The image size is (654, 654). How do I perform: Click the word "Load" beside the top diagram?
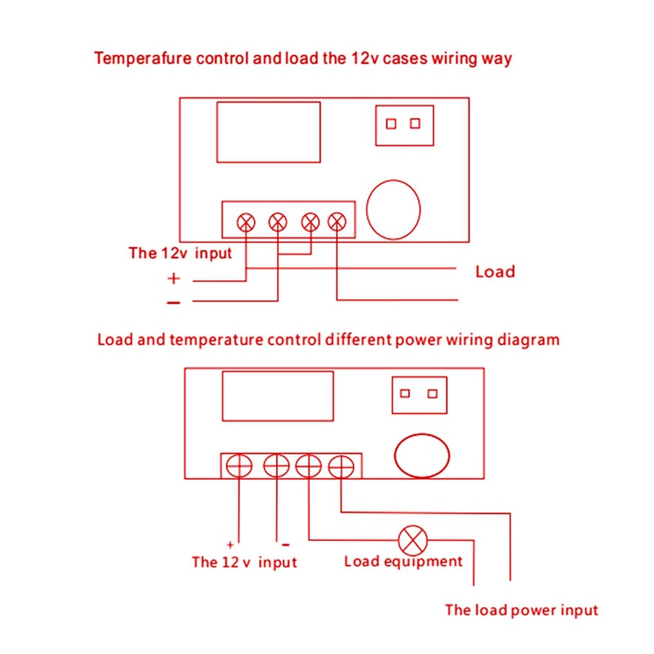coord(495,271)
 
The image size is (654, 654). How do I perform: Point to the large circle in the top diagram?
coord(393,209)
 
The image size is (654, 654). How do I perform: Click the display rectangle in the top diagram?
coord(268,131)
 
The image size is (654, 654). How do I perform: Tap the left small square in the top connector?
coord(391,124)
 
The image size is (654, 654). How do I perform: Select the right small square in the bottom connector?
coord(432,394)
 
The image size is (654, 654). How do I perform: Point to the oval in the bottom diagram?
coord(422,456)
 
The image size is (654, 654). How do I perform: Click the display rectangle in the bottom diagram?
coord(279,396)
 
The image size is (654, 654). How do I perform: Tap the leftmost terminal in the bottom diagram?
coord(239,467)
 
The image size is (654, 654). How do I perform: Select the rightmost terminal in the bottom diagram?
coord(341,467)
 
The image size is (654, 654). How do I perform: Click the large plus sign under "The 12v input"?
coord(173,279)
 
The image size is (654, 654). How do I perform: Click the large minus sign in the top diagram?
coord(173,302)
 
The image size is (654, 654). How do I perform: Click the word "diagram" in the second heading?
coord(529,340)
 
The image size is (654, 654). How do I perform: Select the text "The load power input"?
coord(521,610)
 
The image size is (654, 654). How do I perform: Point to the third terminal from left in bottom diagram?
coord(308,467)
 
